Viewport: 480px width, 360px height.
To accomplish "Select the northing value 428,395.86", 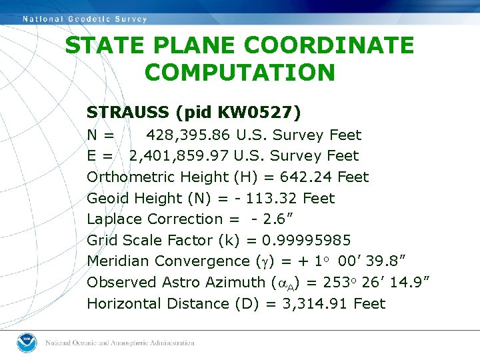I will (189, 135).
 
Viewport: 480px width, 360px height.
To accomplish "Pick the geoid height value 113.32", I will (273, 199).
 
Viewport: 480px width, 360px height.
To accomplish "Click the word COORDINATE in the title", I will (329, 46).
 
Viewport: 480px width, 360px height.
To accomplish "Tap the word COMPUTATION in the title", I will (239, 72).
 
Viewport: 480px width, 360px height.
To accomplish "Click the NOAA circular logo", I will (27, 343).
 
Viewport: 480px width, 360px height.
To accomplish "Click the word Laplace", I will (115, 219).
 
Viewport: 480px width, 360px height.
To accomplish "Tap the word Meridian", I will (118, 261).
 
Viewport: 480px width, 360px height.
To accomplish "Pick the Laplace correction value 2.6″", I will (277, 219).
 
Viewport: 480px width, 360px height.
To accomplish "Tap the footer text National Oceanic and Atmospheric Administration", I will (120, 343).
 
